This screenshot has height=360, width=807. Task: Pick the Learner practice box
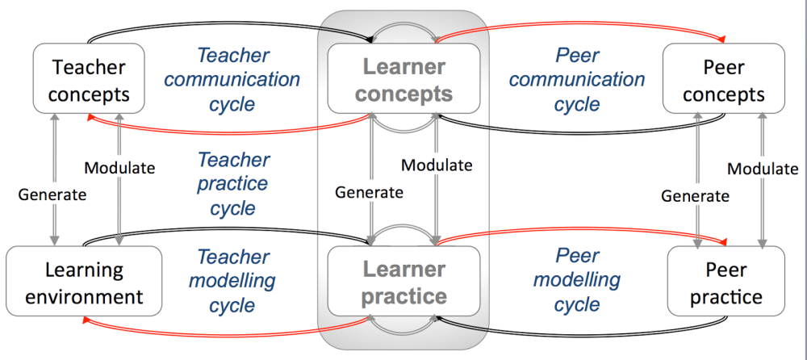[403, 282]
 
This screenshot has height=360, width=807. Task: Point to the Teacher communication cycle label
[232, 79]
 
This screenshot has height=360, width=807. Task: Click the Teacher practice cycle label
[232, 184]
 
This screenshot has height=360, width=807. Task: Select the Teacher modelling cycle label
[232, 281]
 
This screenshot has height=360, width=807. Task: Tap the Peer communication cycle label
[577, 79]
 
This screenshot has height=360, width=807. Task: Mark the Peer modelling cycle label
[577, 280]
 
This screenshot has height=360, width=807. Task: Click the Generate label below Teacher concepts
[54, 194]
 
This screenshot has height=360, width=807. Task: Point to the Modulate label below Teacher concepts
[119, 168]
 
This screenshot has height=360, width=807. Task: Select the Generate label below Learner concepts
[369, 192]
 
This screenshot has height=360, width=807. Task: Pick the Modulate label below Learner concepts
[437, 165]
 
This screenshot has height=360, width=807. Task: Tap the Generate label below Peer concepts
[695, 195]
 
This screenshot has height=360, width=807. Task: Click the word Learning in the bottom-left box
[84, 270]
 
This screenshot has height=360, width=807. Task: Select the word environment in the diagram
[84, 296]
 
